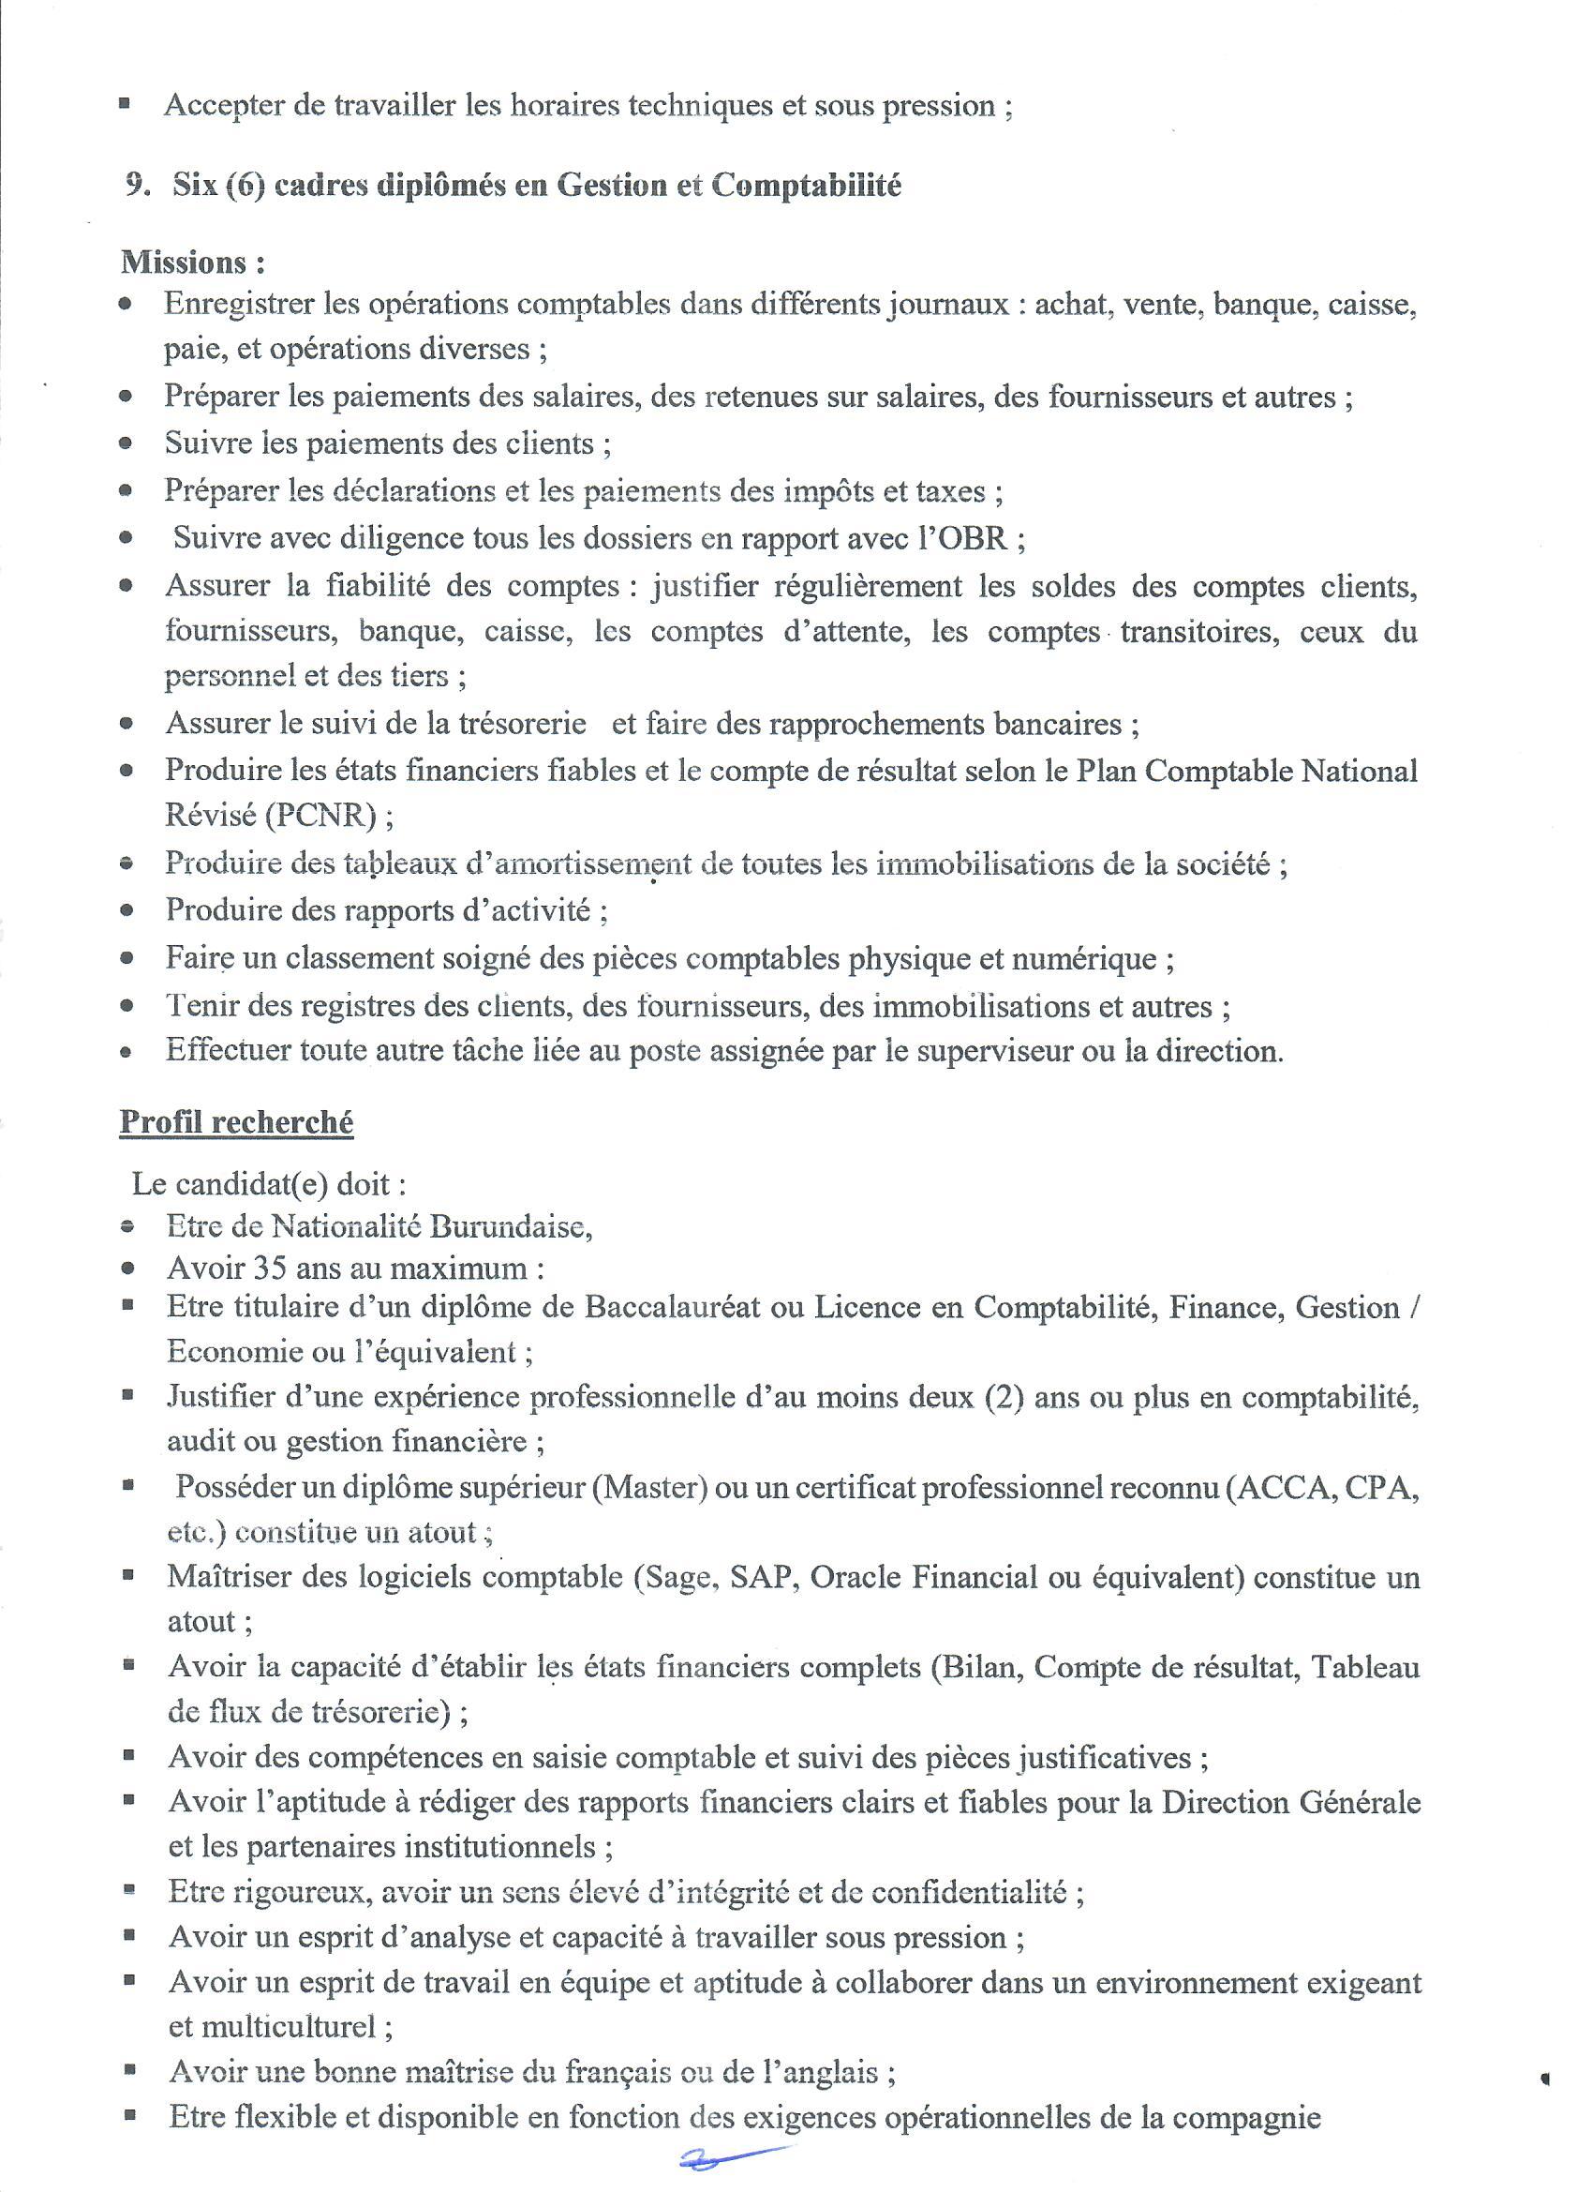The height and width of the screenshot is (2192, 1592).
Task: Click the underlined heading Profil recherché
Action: click(236, 1123)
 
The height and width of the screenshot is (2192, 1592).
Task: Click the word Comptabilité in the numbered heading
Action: click(806, 186)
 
